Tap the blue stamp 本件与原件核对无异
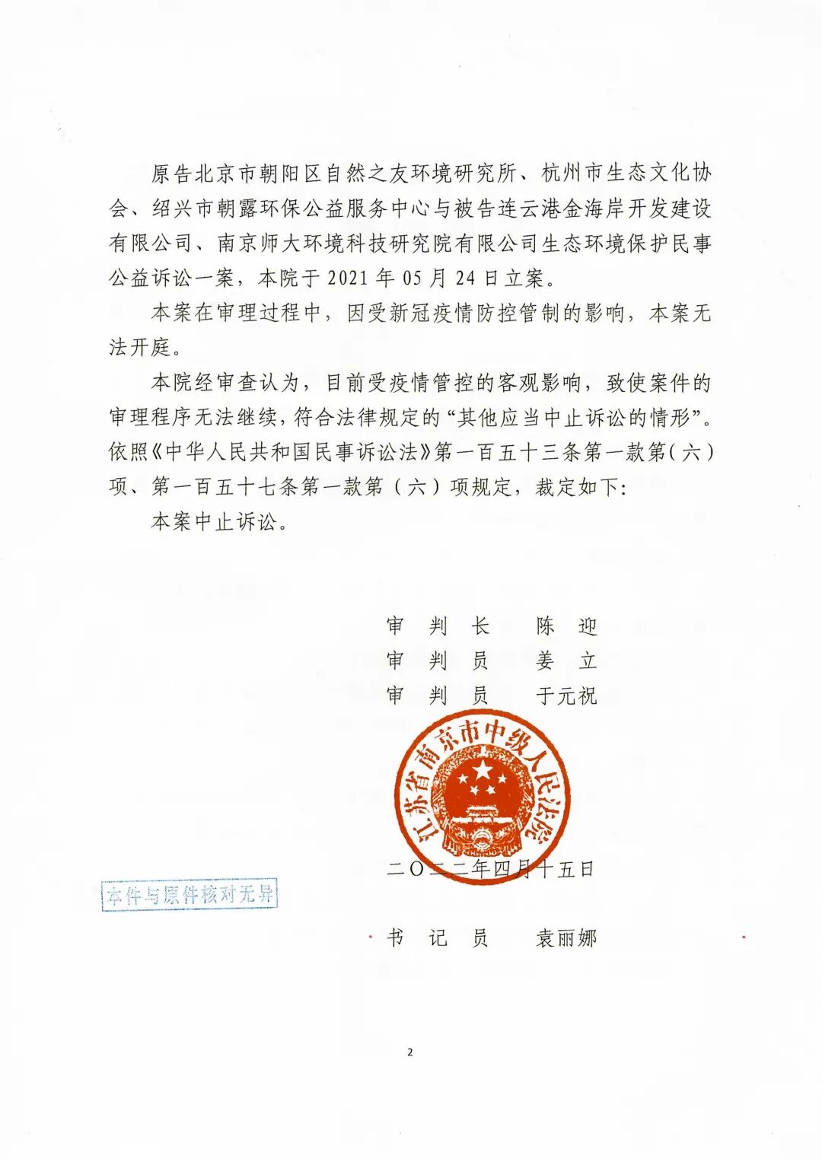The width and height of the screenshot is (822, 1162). pyautogui.click(x=190, y=895)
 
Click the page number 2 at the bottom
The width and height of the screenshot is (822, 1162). pyautogui.click(x=410, y=1052)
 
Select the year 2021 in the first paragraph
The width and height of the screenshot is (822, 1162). pyautogui.click(x=348, y=279)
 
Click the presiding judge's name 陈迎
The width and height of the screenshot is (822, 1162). pyautogui.click(x=566, y=626)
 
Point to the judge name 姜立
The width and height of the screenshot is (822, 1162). pyautogui.click(x=566, y=661)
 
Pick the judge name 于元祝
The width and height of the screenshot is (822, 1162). pyautogui.click(x=566, y=695)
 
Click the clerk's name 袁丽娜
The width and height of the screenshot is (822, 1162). pyautogui.click(x=566, y=938)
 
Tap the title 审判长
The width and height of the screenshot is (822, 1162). pyautogui.click(x=437, y=626)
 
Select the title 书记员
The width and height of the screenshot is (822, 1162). pyautogui.click(x=437, y=938)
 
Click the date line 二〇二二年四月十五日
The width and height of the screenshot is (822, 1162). pyautogui.click(x=490, y=869)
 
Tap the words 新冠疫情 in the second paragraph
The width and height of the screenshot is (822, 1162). pyautogui.click(x=431, y=313)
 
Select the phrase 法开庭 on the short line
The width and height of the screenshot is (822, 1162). pyautogui.click(x=140, y=347)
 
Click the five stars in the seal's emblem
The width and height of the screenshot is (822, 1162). pyautogui.click(x=482, y=782)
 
